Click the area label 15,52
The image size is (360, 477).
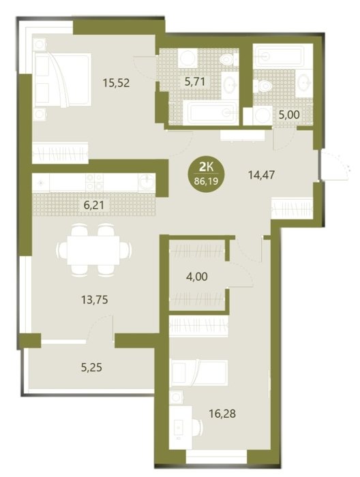[116, 82]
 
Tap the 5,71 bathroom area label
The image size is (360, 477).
[195, 82]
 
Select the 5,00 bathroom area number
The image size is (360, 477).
[289, 114]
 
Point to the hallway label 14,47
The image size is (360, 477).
[261, 175]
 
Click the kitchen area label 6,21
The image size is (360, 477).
[94, 205]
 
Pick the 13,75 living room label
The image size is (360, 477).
[95, 300]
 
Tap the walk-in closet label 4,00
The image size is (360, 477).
[197, 277]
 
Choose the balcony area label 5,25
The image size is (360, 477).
[91, 368]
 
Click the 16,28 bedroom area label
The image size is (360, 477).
[222, 414]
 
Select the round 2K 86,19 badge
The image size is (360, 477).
[207, 174]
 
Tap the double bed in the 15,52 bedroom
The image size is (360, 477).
[62, 80]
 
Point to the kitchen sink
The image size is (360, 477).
[147, 183]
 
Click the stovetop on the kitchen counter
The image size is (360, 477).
[94, 183]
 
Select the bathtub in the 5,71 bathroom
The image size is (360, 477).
[210, 113]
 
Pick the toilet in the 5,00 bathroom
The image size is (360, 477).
[263, 85]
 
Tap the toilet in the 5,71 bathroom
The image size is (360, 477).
[228, 60]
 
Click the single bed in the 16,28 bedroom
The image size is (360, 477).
[199, 373]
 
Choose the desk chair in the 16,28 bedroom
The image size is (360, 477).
[198, 427]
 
